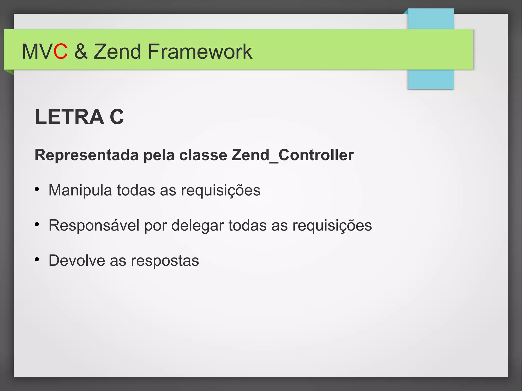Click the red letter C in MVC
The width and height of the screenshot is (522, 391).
(61, 52)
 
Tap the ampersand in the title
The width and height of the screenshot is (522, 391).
(81, 52)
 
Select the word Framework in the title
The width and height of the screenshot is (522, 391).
(200, 52)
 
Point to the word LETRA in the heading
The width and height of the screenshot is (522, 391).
(69, 117)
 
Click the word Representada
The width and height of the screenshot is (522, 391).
(86, 155)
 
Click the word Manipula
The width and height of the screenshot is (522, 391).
(80, 190)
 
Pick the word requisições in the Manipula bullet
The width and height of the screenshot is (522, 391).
(221, 190)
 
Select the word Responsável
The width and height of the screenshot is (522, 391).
(94, 225)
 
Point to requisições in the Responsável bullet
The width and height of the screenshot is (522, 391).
(332, 225)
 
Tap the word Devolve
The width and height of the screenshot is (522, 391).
(77, 261)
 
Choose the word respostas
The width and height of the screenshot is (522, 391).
(165, 261)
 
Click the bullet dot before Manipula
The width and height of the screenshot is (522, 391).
(37, 189)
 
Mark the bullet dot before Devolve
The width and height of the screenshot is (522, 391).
(37, 260)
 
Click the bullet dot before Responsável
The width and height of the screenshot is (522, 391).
(37, 224)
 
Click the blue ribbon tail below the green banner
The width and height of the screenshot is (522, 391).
(431, 79)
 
